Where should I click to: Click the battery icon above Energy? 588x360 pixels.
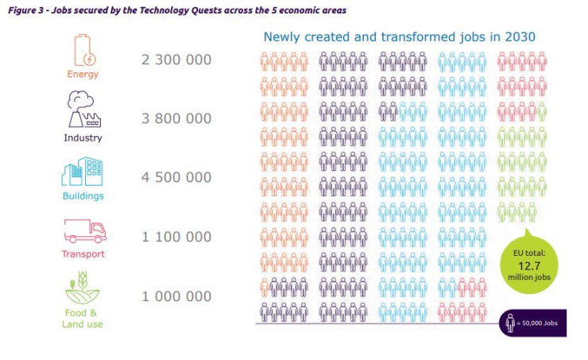[83, 49]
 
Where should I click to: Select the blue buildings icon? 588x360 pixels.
[83, 171]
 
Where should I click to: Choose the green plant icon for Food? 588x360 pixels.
[83, 287]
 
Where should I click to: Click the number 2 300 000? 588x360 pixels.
[176, 60]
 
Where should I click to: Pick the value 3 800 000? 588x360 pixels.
[176, 118]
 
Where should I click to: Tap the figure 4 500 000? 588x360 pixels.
[176, 177]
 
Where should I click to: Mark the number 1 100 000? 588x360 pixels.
[176, 236]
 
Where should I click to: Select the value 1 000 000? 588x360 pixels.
[176, 296]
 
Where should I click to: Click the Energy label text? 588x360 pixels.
[83, 75]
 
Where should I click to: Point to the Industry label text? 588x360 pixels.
[83, 137]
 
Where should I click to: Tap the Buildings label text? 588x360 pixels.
[83, 195]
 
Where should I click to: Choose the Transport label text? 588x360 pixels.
[83, 254]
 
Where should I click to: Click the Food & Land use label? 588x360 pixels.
[83, 318]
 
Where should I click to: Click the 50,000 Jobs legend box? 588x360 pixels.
[533, 323]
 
